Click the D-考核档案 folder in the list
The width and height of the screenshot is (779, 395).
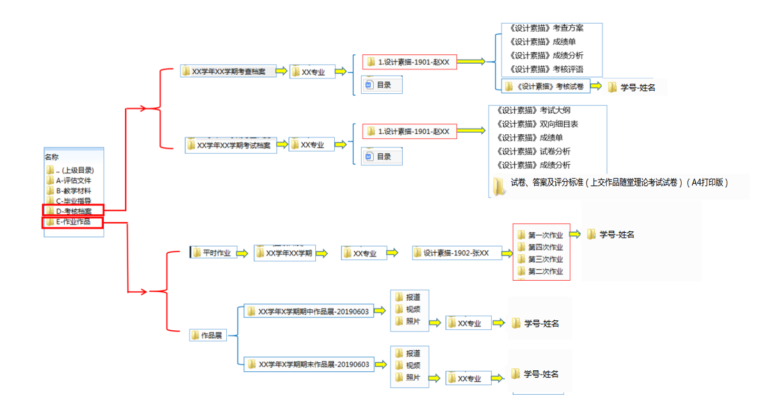[x=74, y=211]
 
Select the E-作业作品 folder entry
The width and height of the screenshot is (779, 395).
[x=73, y=222]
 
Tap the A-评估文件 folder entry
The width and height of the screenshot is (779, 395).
[x=73, y=180]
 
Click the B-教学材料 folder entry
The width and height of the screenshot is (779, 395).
[x=73, y=191]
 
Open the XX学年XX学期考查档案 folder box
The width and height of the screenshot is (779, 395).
[x=228, y=71]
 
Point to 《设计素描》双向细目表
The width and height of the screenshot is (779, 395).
[x=537, y=124]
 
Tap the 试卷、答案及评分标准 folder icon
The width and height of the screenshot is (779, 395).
[x=499, y=185]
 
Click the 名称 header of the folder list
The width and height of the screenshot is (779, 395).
[x=52, y=157]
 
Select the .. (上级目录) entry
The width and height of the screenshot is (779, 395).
[x=74, y=170]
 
